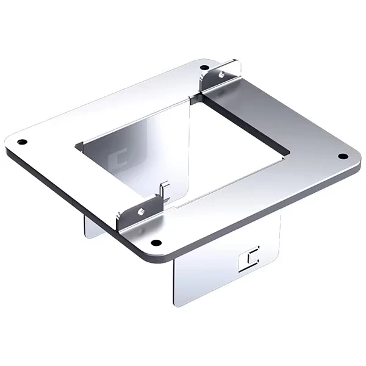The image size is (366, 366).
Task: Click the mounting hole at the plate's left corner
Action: click(22, 142)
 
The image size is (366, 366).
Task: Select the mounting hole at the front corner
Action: click(156, 243)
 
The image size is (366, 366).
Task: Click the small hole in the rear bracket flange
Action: click(221, 74)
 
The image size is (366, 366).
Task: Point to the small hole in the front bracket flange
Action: click(140, 212)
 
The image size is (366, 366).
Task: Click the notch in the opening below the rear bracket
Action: click(194, 98)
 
